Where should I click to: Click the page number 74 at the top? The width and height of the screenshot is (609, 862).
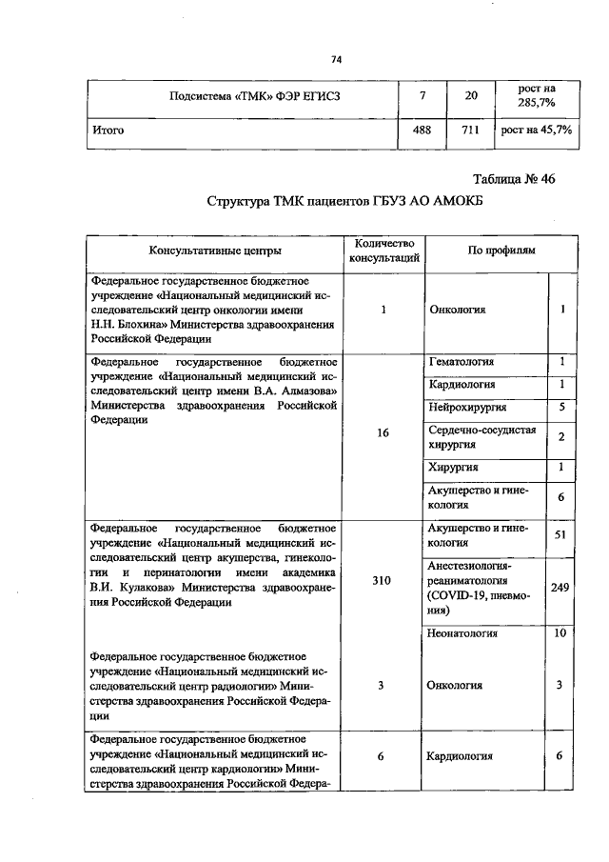tap(335, 60)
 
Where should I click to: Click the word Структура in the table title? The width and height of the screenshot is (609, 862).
tap(243, 202)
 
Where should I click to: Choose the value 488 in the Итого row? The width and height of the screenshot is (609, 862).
tap(422, 130)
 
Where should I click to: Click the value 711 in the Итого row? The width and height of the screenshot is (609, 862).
tap(470, 130)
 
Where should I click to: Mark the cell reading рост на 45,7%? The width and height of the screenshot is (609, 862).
tap(537, 130)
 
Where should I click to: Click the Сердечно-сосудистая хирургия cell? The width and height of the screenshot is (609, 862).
tap(482, 436)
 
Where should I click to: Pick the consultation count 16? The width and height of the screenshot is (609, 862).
tap(381, 431)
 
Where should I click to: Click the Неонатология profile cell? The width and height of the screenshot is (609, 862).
tap(463, 632)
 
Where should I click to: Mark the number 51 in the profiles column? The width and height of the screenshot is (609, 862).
tap(560, 535)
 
